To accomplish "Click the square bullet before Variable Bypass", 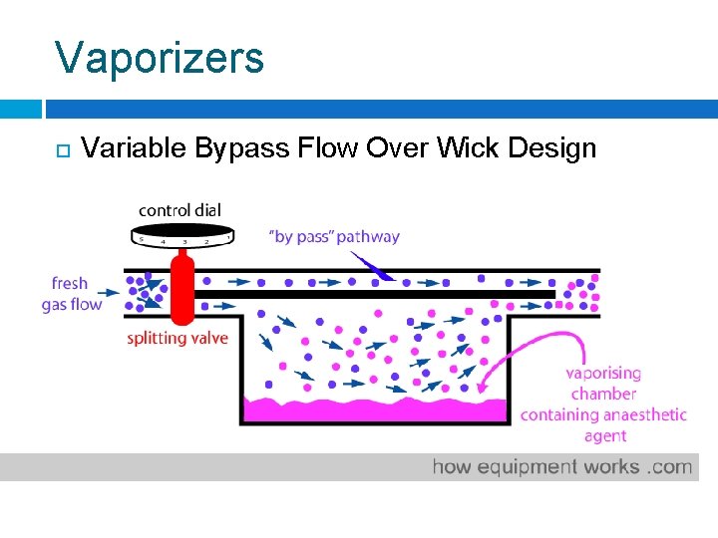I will pyautogui.click(x=62, y=150).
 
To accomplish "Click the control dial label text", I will pyautogui.click(x=179, y=210).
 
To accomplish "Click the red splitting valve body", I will pyautogui.click(x=181, y=288).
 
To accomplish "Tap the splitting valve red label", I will pyautogui.click(x=178, y=338).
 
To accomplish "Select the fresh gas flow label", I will pyautogui.click(x=72, y=294).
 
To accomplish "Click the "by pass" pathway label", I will pyautogui.click(x=334, y=237).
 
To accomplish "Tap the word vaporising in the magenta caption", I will pyautogui.click(x=603, y=374).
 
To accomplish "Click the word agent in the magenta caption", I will pyautogui.click(x=605, y=435).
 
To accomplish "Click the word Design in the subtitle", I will pyautogui.click(x=551, y=149).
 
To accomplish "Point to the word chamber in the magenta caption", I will pyautogui.click(x=604, y=394).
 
